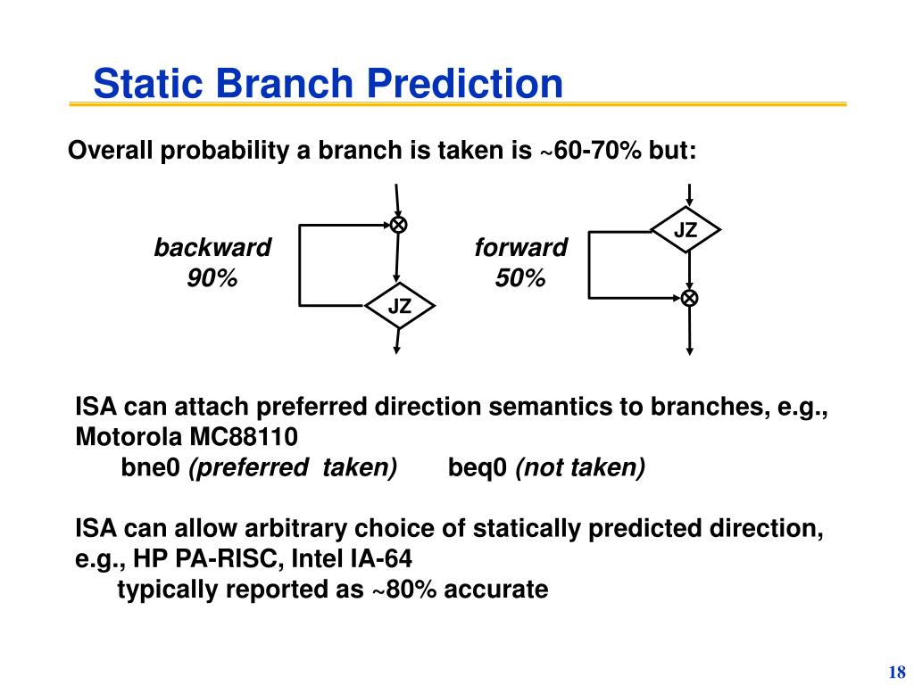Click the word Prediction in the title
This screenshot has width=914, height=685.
click(464, 83)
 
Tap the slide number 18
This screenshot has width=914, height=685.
click(897, 672)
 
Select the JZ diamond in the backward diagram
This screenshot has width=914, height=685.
click(399, 306)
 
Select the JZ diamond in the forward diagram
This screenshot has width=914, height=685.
click(685, 229)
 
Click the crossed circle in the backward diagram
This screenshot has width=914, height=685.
click(399, 224)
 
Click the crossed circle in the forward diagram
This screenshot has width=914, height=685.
click(690, 298)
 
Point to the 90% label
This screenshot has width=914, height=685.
click(212, 278)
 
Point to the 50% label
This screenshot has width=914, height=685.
click(520, 278)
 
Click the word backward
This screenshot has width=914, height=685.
click(212, 247)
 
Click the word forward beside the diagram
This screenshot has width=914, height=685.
click(520, 247)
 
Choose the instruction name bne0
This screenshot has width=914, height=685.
click(150, 467)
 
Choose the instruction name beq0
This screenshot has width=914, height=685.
click(478, 467)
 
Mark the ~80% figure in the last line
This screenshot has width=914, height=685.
click(403, 589)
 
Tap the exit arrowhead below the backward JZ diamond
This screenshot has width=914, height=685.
click(396, 350)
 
